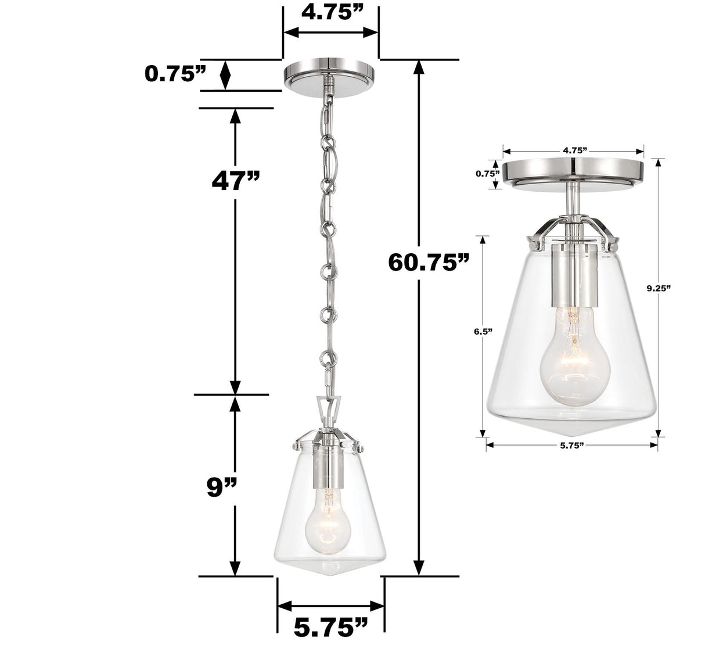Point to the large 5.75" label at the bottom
(330, 627)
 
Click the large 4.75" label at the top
(330, 13)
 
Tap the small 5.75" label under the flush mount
(571, 446)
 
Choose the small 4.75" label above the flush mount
(573, 150)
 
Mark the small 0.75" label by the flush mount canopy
(488, 173)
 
